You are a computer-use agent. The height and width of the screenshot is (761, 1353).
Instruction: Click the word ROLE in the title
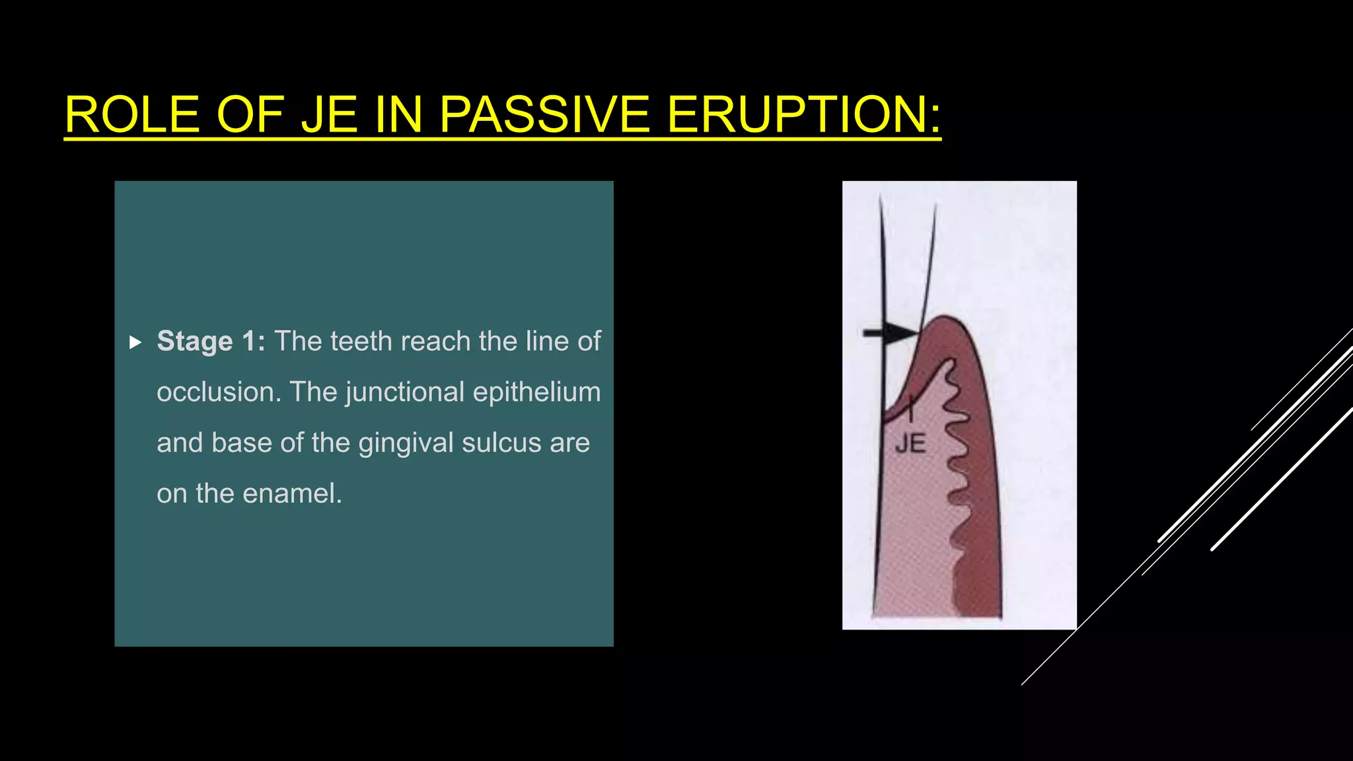point(132,115)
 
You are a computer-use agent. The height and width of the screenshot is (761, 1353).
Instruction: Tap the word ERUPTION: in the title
point(803,115)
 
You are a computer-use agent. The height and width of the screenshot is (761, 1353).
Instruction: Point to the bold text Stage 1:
point(211,342)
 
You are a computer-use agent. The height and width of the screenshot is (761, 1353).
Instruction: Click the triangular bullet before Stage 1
point(135,342)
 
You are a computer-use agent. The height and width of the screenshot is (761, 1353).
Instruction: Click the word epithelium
point(536,392)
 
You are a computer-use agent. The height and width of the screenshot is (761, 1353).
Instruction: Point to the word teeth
point(361,342)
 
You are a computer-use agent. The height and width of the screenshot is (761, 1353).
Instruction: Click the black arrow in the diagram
point(889,333)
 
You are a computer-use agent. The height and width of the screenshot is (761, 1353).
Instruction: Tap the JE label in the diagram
point(910,444)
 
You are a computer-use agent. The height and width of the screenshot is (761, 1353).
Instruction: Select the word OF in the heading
point(250,115)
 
